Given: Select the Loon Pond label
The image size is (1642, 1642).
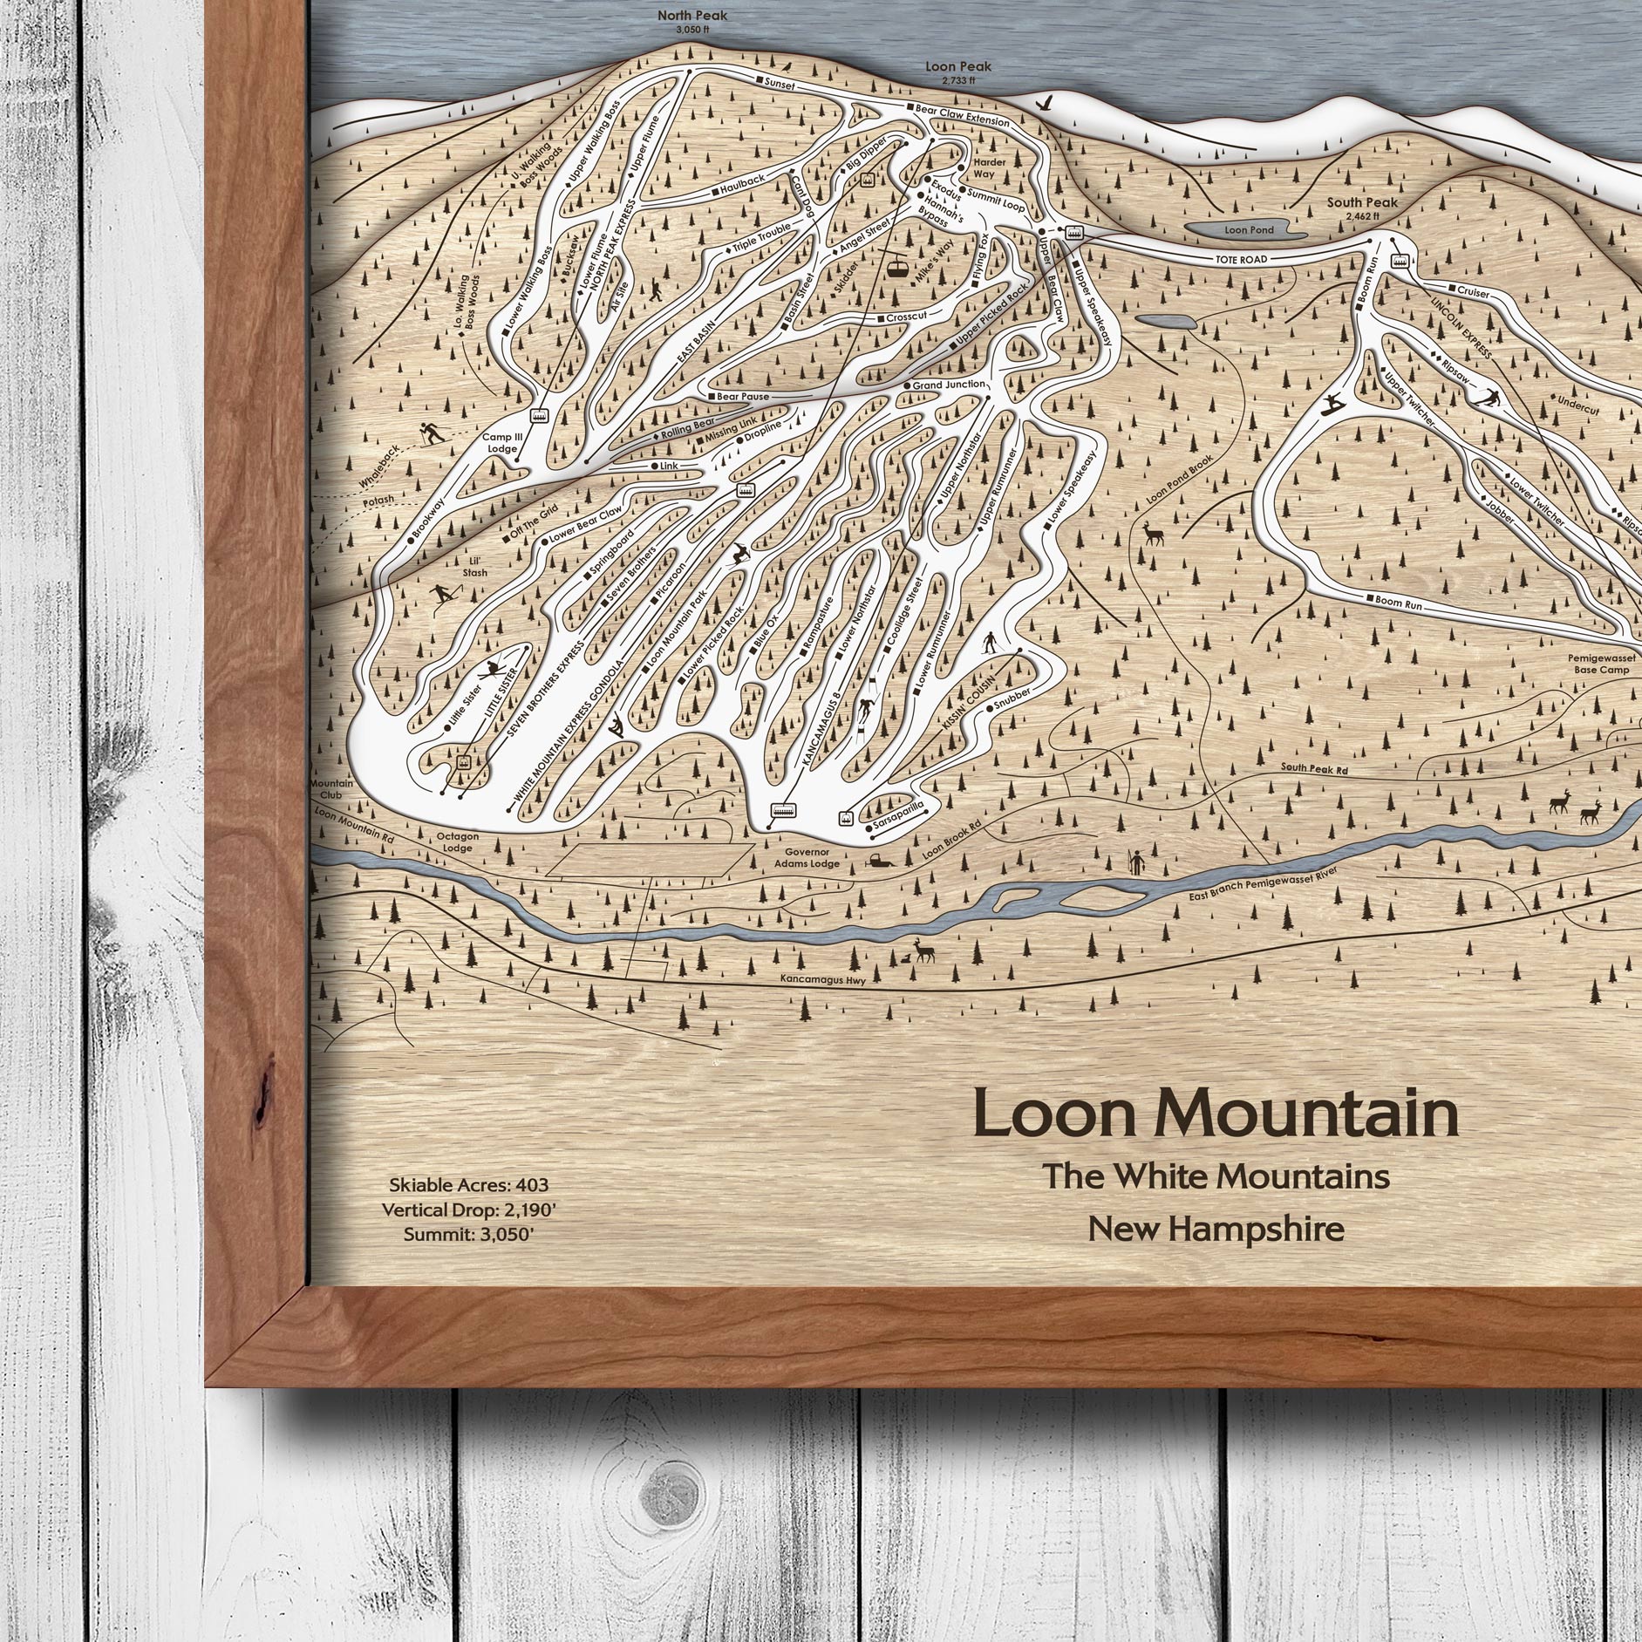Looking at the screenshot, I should (x=1249, y=230).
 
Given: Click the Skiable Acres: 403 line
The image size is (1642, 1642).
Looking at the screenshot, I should (x=469, y=1186).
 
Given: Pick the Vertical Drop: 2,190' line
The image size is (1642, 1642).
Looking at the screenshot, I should (x=469, y=1210).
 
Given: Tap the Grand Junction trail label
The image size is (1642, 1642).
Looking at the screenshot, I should (x=949, y=384).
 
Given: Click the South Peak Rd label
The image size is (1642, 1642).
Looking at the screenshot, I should (x=1314, y=767).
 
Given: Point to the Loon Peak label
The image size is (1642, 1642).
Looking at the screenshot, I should (x=958, y=67).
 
